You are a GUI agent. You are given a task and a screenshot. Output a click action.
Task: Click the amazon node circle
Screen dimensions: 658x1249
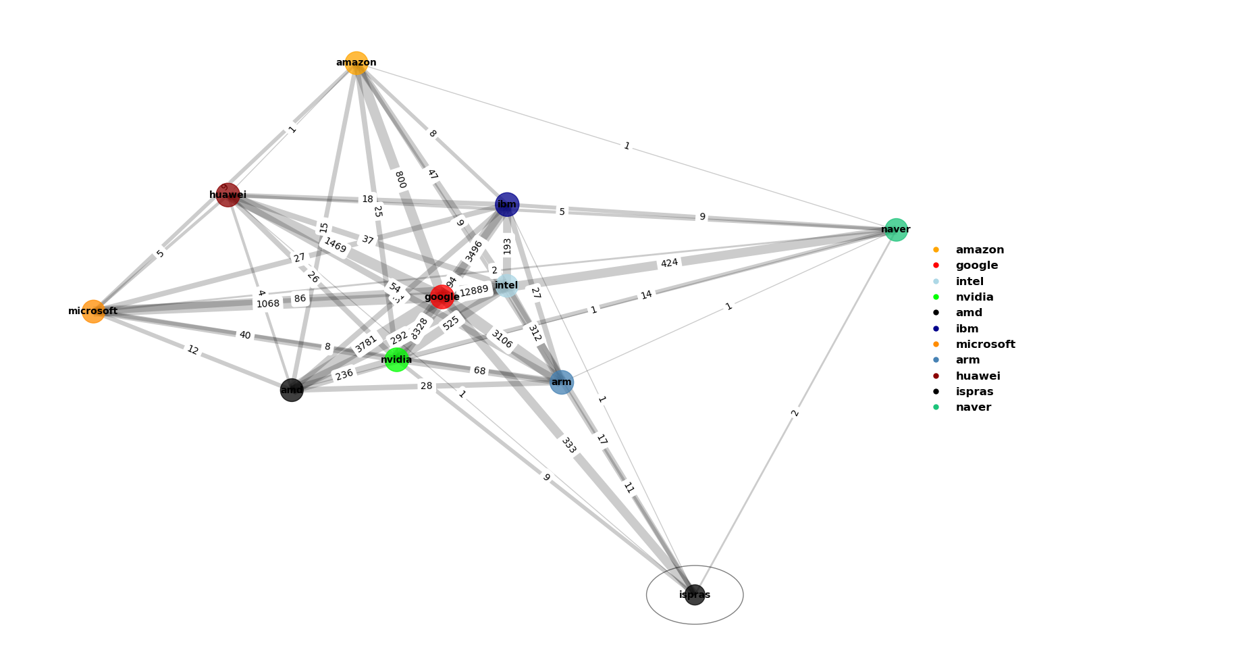(356, 63)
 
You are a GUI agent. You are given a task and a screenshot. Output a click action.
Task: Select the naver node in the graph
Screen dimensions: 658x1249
(896, 230)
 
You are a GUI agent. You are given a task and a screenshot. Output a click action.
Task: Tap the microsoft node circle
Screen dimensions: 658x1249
(93, 311)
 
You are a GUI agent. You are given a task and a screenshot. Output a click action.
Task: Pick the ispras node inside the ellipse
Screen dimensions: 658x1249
(695, 594)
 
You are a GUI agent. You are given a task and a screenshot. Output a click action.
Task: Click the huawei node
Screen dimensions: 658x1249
(228, 195)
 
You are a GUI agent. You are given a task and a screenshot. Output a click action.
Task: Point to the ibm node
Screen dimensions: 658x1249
(507, 205)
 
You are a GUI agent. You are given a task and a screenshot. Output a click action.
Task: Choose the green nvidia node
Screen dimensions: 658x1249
(396, 359)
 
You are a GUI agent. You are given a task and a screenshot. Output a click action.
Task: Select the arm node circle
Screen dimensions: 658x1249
(561, 382)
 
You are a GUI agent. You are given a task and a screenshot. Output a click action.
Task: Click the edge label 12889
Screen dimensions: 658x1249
(474, 290)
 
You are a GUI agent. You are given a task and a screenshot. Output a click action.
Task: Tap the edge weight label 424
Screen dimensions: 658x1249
(669, 263)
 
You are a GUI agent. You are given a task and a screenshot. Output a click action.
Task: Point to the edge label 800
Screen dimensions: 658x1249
(400, 180)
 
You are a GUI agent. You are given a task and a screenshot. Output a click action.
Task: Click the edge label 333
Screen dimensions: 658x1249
(568, 445)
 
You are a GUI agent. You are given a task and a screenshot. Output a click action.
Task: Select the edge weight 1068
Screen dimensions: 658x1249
(268, 304)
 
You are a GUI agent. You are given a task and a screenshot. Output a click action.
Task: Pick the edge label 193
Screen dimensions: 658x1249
(507, 246)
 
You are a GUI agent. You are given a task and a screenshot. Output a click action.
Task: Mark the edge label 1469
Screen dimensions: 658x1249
(335, 245)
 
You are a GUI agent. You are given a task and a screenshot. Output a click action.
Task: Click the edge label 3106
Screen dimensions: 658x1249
(501, 339)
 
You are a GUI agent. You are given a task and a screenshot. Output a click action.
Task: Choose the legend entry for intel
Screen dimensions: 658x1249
(969, 282)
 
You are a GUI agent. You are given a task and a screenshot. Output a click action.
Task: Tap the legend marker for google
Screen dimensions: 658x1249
(936, 266)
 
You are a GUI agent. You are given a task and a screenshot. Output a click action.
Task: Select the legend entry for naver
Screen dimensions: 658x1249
(973, 407)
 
